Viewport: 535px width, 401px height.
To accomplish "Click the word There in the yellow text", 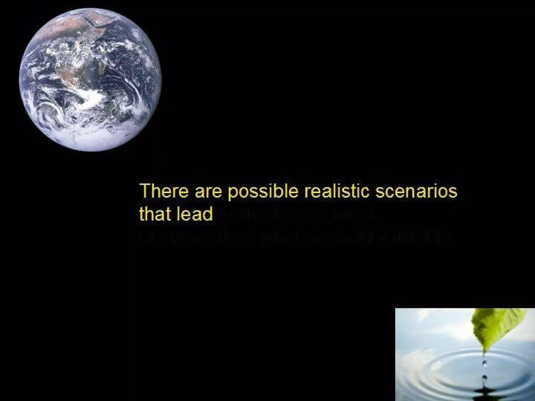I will click(164, 191).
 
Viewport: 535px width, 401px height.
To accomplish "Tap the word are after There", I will click(208, 192).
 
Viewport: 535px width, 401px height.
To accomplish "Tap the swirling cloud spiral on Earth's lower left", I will click(50, 110).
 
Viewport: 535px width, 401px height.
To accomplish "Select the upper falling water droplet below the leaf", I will click(485, 363).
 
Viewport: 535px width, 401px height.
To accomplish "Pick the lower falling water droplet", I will click(485, 377).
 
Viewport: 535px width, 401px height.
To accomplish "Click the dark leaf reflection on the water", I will click(485, 396).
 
